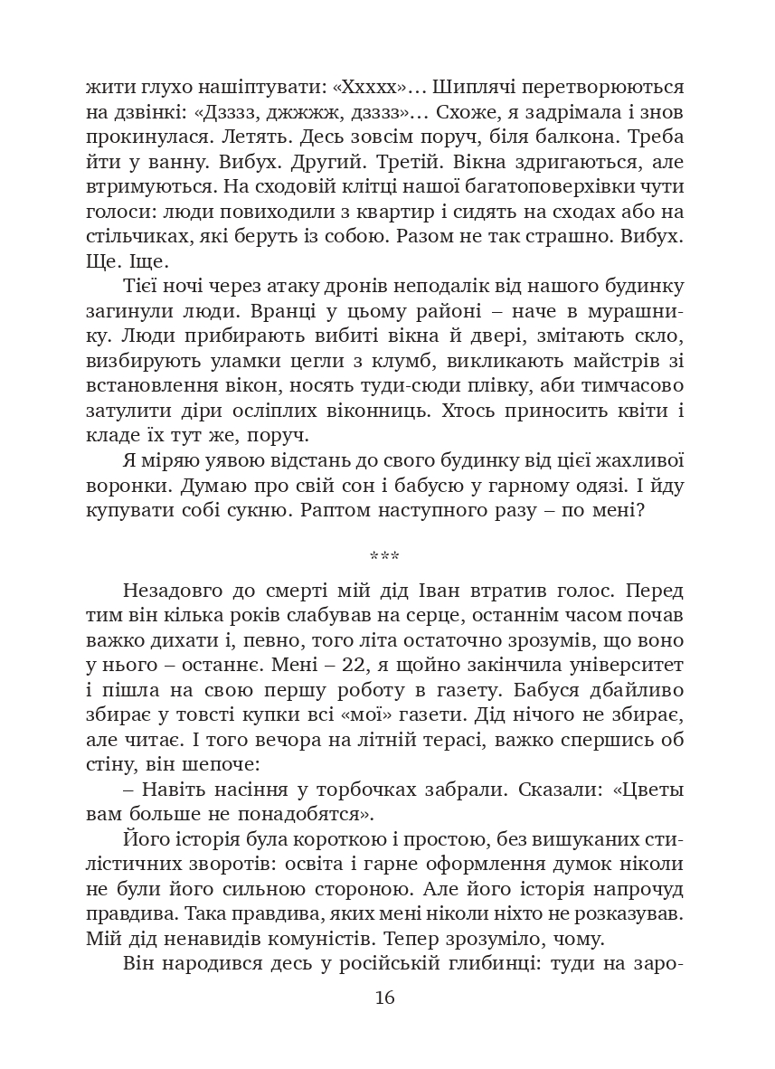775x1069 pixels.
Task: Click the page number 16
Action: click(384, 998)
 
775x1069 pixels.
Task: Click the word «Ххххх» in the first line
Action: click(375, 89)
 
